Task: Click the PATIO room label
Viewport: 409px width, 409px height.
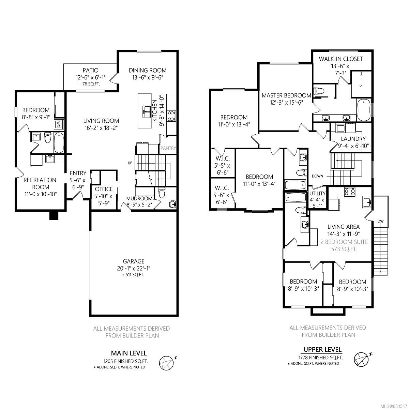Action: click(90, 70)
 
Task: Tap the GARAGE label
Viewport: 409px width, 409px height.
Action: click(134, 261)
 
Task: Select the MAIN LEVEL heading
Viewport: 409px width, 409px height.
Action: click(129, 353)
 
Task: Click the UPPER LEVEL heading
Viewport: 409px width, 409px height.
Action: click(322, 349)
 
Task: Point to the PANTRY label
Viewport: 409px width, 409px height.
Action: click(168, 148)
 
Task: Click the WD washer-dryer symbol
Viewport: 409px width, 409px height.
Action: click(58, 124)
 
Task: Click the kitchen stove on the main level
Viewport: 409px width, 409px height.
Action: click(171, 116)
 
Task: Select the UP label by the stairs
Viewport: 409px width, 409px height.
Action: click(130, 163)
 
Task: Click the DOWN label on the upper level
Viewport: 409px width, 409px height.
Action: click(318, 176)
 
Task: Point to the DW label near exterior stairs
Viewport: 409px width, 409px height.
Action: click(381, 221)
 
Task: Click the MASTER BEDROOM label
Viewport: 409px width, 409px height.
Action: click(286, 95)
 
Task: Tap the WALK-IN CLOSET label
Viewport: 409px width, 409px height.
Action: click(340, 59)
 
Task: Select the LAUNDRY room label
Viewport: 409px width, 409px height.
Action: click(353, 139)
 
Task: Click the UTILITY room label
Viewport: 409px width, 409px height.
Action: click(317, 193)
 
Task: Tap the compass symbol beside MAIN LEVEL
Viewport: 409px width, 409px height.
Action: click(167, 363)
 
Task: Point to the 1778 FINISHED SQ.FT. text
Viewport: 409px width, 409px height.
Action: click(320, 358)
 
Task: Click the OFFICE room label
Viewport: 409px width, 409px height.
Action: click(104, 189)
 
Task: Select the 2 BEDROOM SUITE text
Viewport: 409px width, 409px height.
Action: click(344, 242)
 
